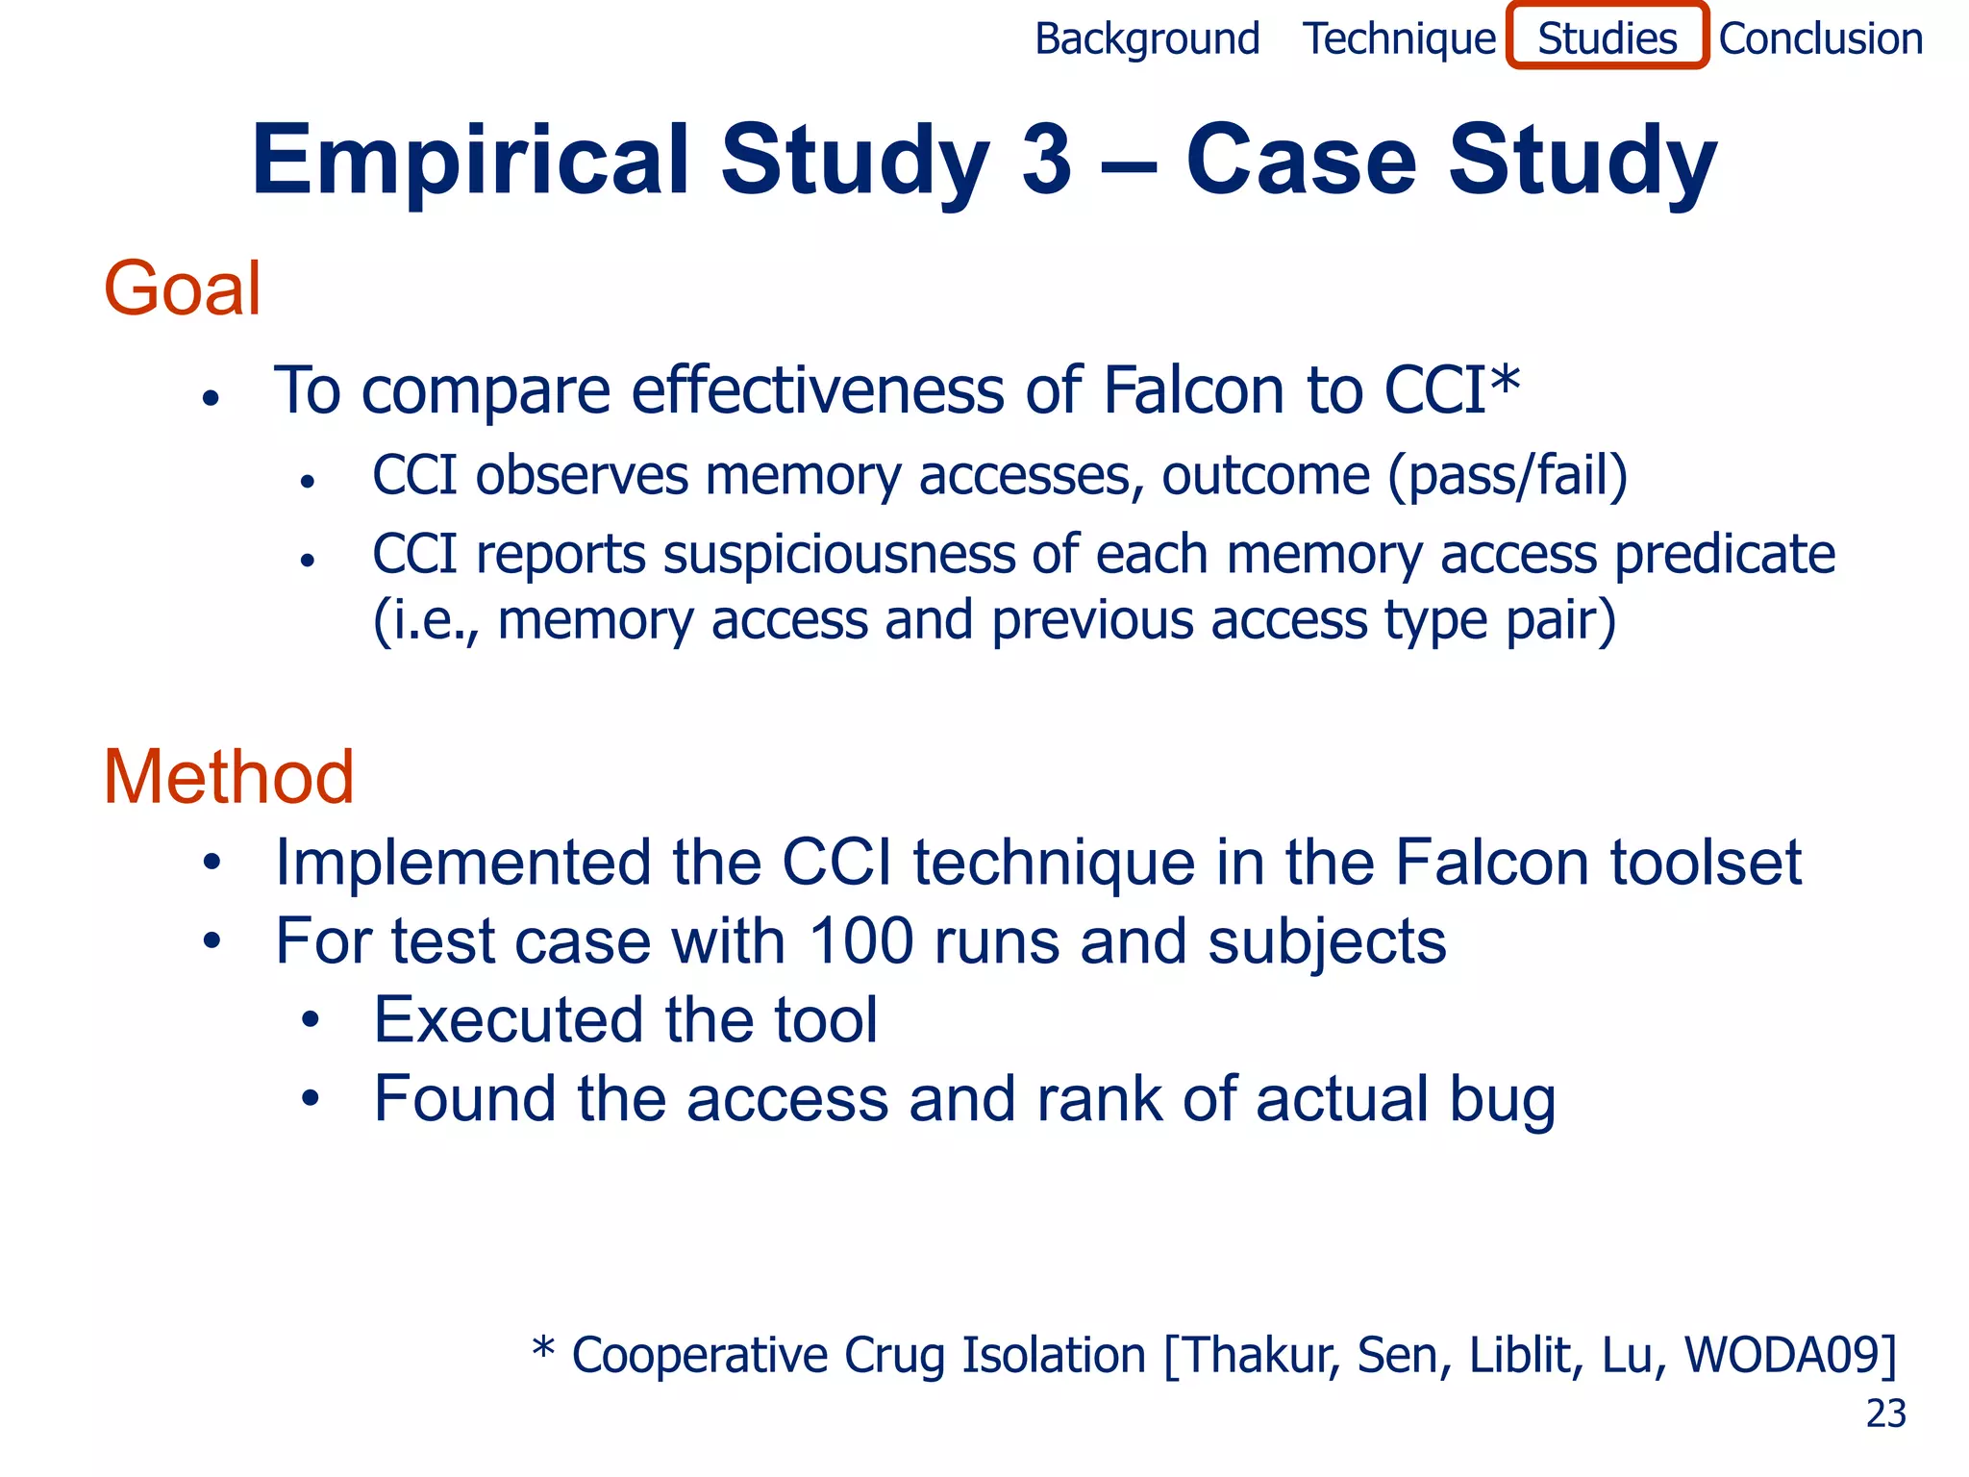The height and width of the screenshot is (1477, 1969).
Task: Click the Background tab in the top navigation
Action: point(1147,39)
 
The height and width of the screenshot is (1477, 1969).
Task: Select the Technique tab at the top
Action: point(1399,39)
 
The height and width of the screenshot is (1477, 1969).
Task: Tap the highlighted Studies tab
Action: point(1608,38)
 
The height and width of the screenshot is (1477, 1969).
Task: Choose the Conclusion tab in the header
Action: point(1821,39)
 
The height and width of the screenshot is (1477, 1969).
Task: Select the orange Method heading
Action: point(229,777)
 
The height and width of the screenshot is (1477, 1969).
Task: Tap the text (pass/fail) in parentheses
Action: point(1508,476)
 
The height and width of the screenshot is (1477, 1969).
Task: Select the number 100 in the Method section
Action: point(860,940)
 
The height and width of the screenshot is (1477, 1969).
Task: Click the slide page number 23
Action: point(1885,1414)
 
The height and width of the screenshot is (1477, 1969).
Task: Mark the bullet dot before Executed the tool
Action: point(309,1020)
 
